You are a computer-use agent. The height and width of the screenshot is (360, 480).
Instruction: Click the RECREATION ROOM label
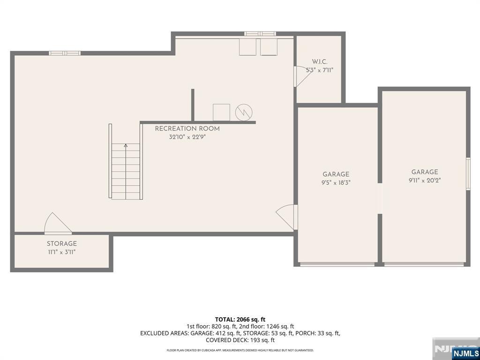pyautogui.click(x=187, y=128)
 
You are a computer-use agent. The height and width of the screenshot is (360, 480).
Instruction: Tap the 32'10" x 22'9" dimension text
pyautogui.click(x=187, y=137)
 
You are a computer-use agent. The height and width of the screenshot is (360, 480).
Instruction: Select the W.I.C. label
pyautogui.click(x=320, y=61)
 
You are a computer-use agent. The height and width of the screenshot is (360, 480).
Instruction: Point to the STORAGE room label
pyautogui.click(x=61, y=244)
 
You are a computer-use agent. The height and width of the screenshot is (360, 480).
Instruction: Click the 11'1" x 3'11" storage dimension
pyautogui.click(x=61, y=252)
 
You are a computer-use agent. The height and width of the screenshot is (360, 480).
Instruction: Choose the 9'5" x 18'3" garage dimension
pyautogui.click(x=336, y=183)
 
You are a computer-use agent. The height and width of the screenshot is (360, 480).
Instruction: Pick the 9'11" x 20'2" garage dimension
pyautogui.click(x=425, y=180)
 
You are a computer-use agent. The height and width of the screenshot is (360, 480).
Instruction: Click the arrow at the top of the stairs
pyautogui.click(x=126, y=146)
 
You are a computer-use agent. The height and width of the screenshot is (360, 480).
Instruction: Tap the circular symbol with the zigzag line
pyautogui.click(x=244, y=112)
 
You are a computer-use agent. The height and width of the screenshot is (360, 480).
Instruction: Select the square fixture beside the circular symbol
pyautogui.click(x=221, y=112)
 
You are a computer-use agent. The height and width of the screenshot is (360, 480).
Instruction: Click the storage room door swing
pyautogui.click(x=58, y=223)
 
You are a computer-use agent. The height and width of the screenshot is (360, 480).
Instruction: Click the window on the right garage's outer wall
pyautogui.click(x=468, y=173)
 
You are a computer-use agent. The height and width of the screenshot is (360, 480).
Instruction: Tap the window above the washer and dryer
pyautogui.click(x=260, y=34)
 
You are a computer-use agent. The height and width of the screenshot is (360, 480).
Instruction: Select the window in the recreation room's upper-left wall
pyautogui.click(x=65, y=53)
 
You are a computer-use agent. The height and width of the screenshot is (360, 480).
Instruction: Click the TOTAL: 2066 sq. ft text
pyautogui.click(x=240, y=320)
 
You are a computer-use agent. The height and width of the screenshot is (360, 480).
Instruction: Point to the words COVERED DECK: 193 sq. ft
pyautogui.click(x=240, y=340)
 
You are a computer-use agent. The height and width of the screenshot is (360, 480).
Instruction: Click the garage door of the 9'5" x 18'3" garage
pyautogui.click(x=337, y=264)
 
